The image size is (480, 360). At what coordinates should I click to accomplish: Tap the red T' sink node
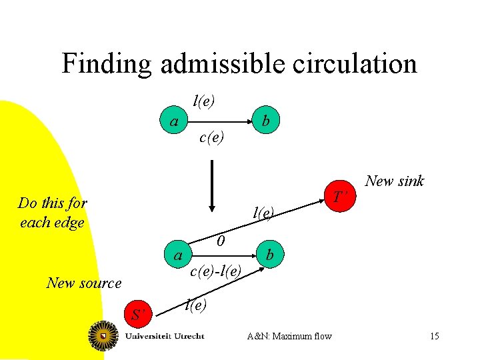tap(340, 197)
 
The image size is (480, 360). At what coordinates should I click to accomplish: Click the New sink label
tap(395, 181)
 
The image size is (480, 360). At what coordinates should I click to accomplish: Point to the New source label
tap(84, 283)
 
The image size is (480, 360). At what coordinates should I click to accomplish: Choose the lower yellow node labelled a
tap(178, 255)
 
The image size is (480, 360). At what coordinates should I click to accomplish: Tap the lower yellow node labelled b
tap(269, 255)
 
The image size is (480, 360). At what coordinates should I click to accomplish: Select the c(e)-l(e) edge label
tap(215, 271)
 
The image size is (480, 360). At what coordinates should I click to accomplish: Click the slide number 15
tap(434, 335)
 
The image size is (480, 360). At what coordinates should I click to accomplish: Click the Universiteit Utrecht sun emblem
tap(104, 335)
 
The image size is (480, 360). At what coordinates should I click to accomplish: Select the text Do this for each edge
tap(52, 212)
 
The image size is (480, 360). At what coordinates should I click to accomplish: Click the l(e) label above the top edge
tap(203, 101)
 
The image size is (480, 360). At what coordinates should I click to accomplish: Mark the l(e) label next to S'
tap(195, 305)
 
